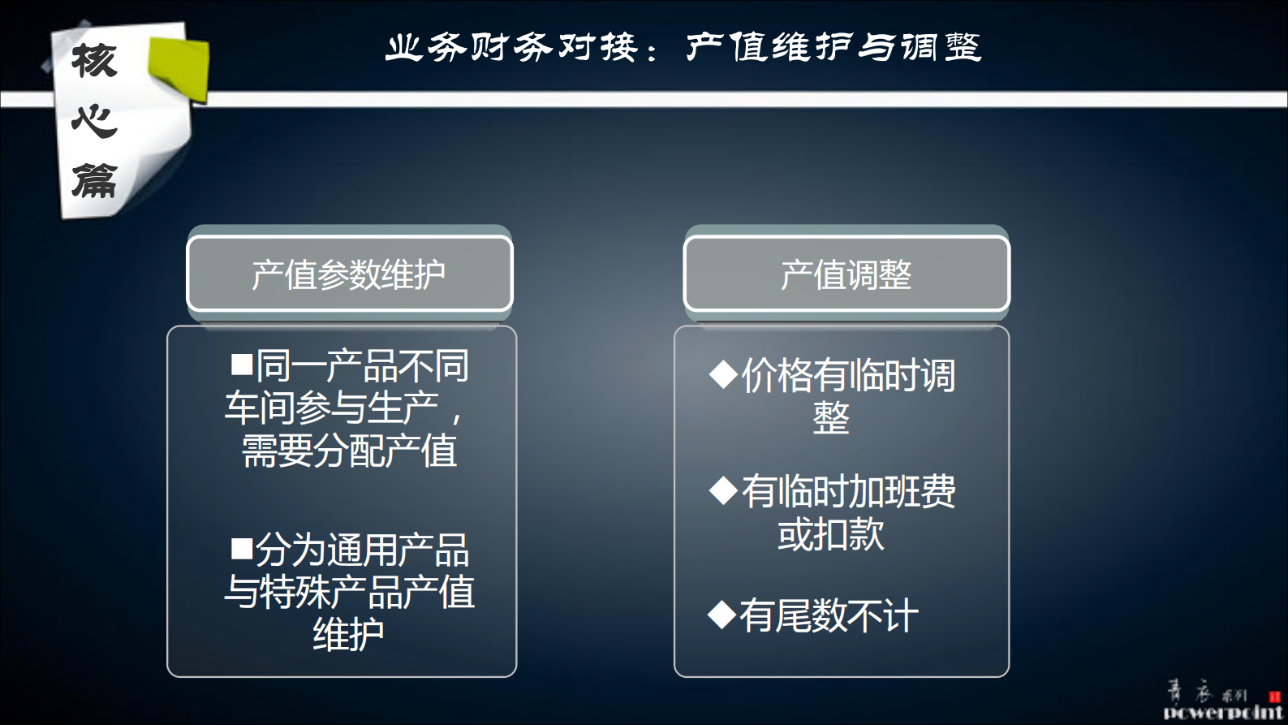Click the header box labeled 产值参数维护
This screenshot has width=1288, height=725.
pyautogui.click(x=349, y=274)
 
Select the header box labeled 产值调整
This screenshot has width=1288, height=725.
pyautogui.click(x=846, y=274)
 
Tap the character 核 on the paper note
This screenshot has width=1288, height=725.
pyautogui.click(x=94, y=61)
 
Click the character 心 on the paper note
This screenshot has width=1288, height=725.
pyautogui.click(x=94, y=121)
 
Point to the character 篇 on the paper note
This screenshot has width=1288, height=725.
pyautogui.click(x=94, y=180)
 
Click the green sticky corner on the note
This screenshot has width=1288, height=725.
pyautogui.click(x=179, y=68)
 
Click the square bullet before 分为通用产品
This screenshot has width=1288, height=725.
pyautogui.click(x=242, y=549)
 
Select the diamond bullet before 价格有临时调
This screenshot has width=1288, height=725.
pyautogui.click(x=722, y=374)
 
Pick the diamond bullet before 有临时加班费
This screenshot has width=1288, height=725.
pyautogui.click(x=722, y=490)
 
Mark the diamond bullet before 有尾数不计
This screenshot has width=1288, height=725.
pyautogui.click(x=721, y=615)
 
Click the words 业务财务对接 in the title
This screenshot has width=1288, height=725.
pyautogui.click(x=511, y=48)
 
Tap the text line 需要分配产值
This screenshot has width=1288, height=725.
pyautogui.click(x=349, y=451)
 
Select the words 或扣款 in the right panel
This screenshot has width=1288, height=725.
pyautogui.click(x=830, y=534)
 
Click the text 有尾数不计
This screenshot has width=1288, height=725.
pyautogui.click(x=829, y=615)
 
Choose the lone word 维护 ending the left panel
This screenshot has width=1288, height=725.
pyautogui.click(x=348, y=634)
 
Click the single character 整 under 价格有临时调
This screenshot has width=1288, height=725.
pyautogui.click(x=830, y=418)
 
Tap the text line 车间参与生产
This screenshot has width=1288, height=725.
pyautogui.click(x=332, y=408)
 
